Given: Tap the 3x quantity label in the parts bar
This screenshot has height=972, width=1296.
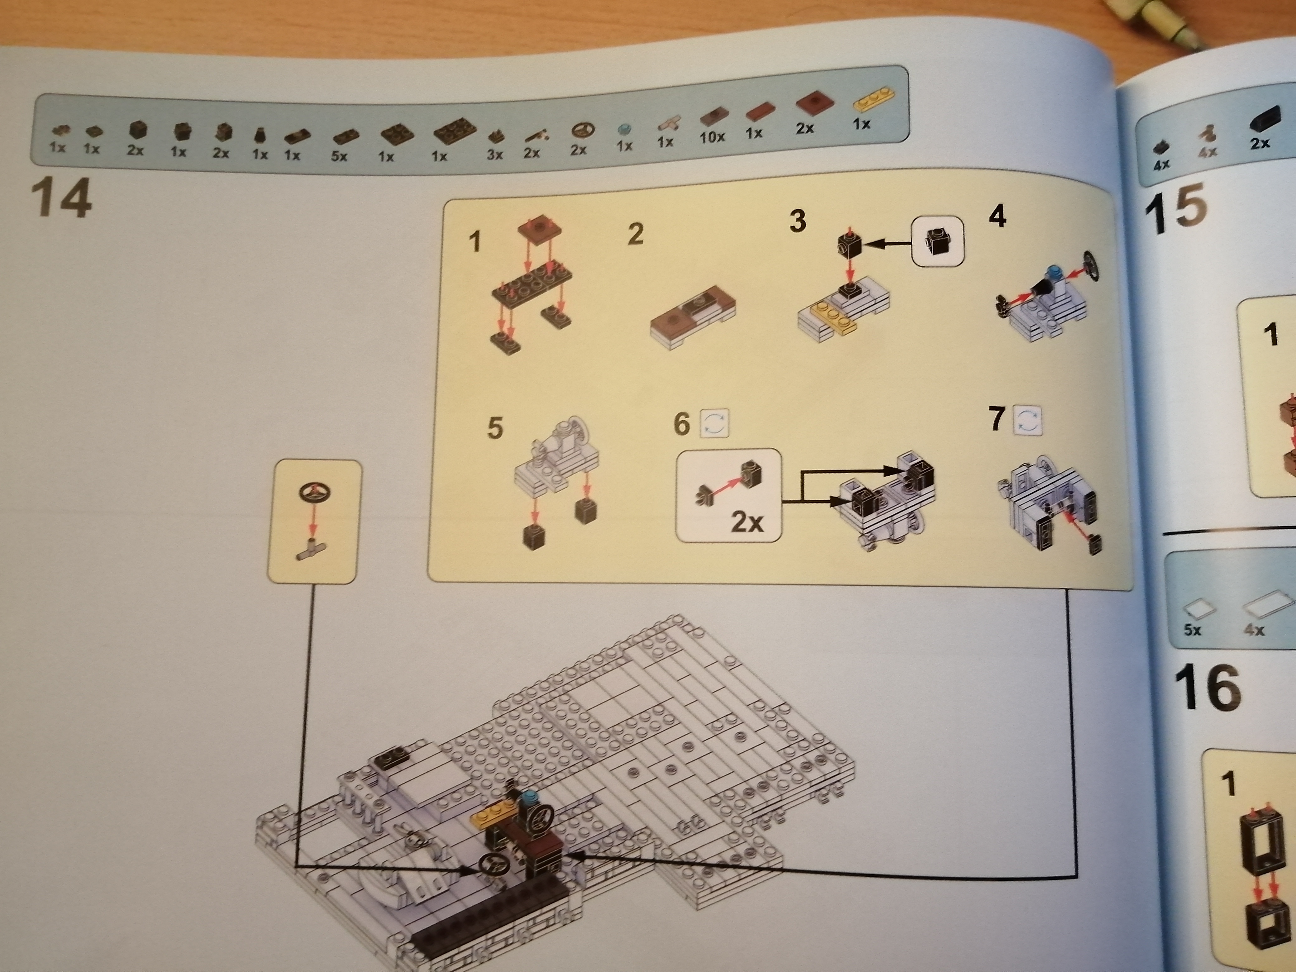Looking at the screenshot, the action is (x=495, y=155).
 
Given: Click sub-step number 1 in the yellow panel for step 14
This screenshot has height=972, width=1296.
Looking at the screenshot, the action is (x=475, y=241).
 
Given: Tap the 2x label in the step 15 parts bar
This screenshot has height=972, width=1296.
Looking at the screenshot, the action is (x=1260, y=144).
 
